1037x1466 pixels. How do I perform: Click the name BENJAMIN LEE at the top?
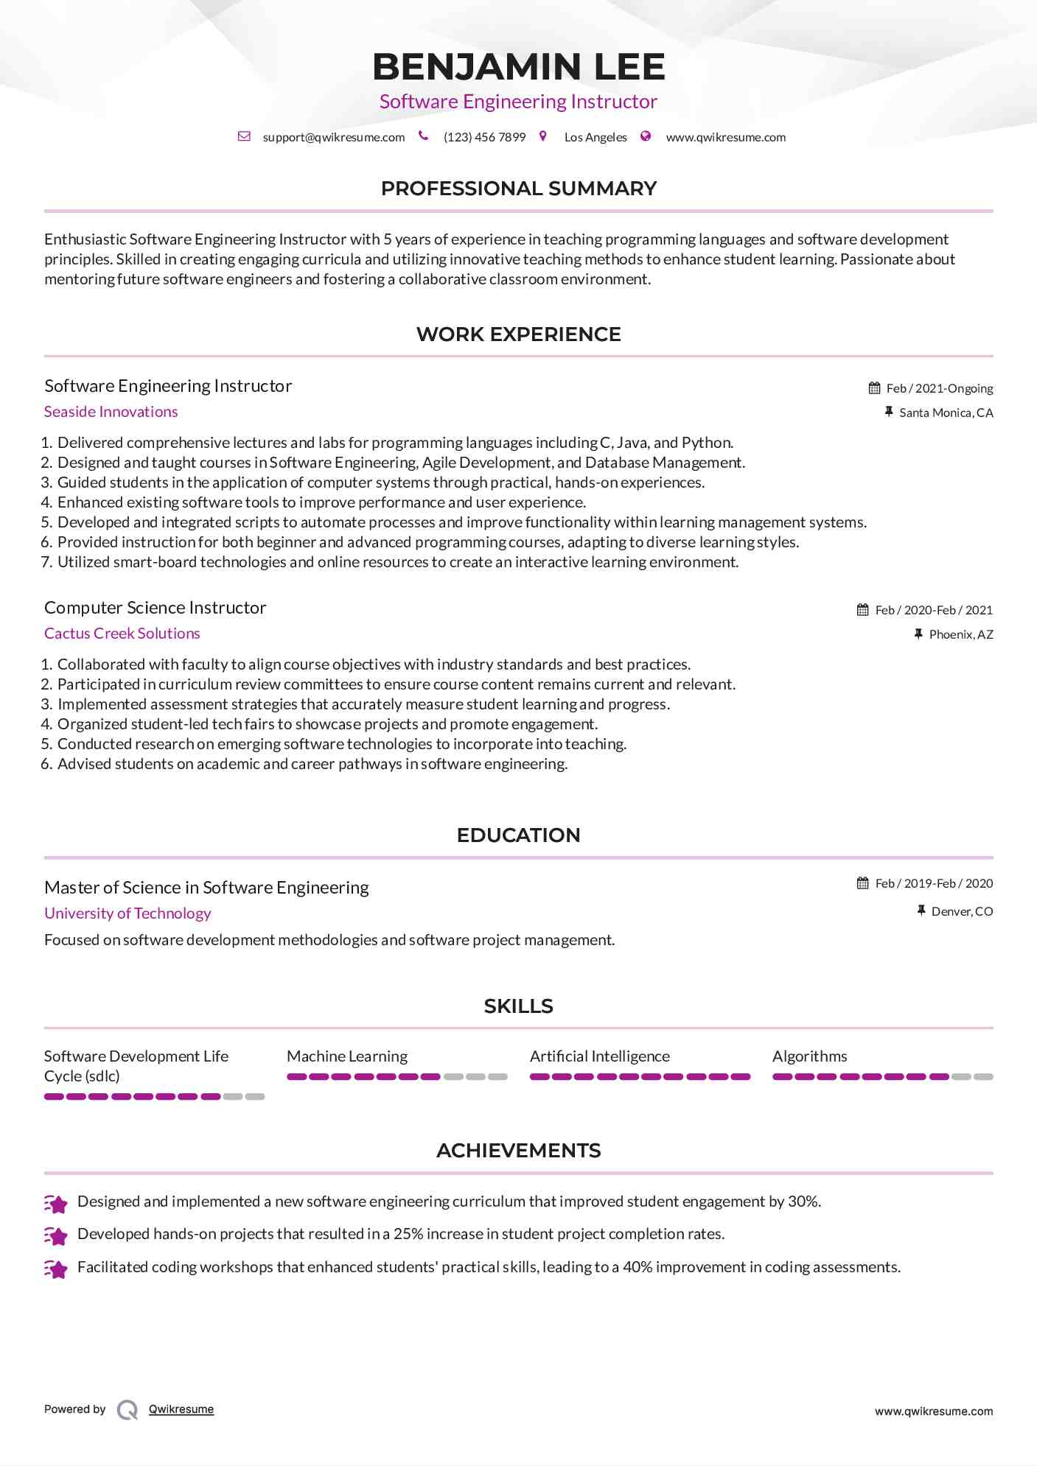tap(518, 66)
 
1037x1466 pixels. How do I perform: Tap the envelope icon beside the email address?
tap(244, 136)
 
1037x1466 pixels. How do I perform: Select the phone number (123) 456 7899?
tap(484, 137)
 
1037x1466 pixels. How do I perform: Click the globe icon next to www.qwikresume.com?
tap(646, 136)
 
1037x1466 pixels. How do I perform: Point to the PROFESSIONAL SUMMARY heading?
tap(518, 189)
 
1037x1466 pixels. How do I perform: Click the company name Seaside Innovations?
tap(111, 412)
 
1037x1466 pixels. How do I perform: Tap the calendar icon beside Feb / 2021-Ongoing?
tap(874, 388)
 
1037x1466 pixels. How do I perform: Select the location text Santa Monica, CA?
tap(946, 413)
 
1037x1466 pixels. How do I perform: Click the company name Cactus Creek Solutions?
tap(122, 634)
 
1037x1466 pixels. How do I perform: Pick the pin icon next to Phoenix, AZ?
tap(918, 634)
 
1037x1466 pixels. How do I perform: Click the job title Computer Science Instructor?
tap(155, 608)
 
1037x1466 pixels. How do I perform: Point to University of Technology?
tap(128, 913)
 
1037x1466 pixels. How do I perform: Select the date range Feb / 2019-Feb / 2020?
tap(934, 883)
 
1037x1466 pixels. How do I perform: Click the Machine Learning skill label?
tap(346, 1056)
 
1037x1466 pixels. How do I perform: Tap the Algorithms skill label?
tap(809, 1056)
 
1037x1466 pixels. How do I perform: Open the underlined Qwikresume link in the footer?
tap(181, 1409)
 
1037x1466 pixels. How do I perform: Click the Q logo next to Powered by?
tap(128, 1410)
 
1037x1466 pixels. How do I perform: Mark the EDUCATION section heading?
tap(518, 835)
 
